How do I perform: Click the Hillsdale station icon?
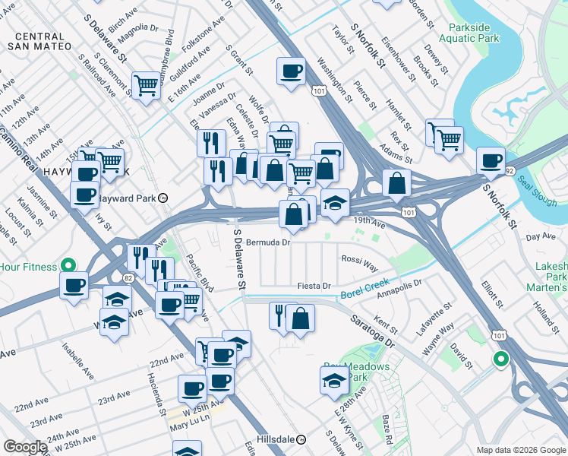301,439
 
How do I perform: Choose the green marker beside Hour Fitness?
68,266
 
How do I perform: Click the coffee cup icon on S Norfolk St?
491,160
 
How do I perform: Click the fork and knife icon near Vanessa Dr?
211,142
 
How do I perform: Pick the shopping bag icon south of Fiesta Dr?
301,318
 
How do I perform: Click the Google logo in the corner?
25,447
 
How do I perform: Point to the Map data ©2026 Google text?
520,450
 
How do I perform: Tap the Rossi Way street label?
359,262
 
